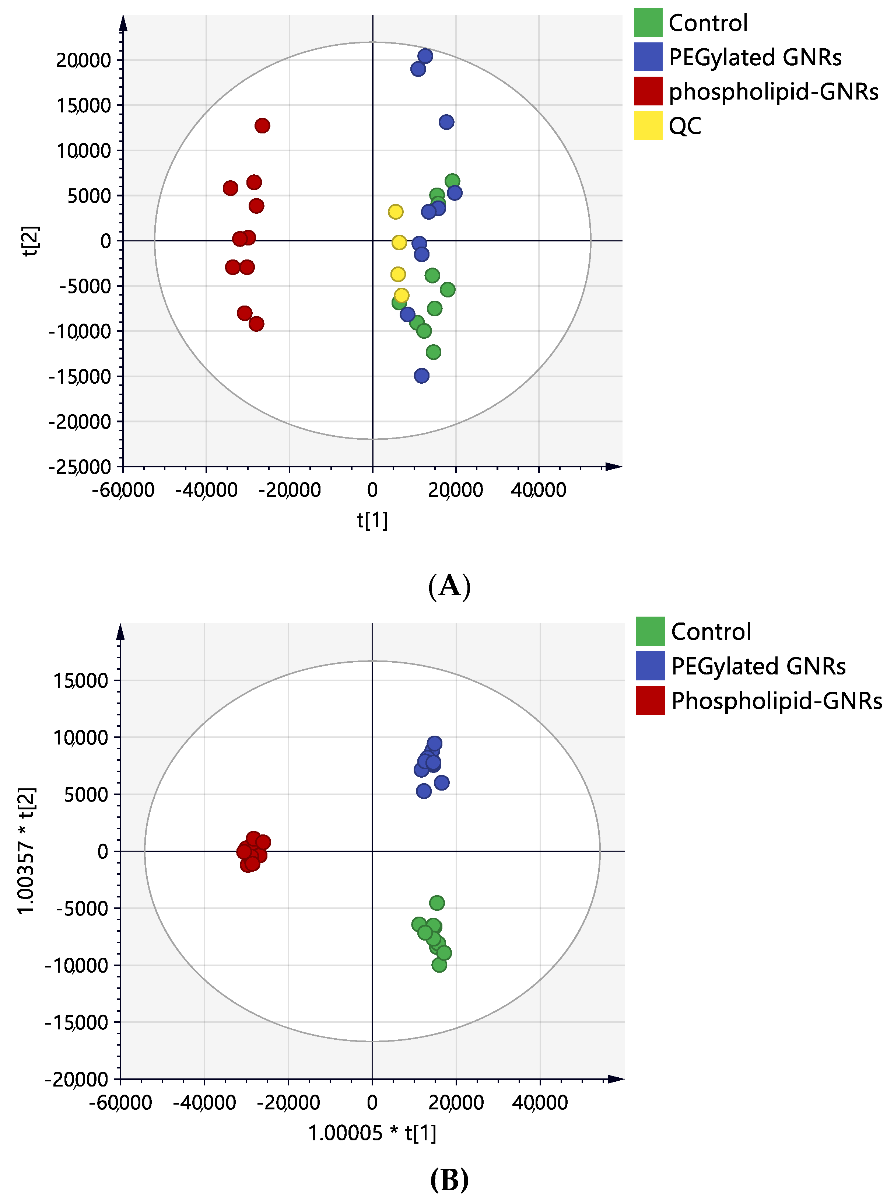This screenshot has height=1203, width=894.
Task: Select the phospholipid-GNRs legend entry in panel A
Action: click(758, 91)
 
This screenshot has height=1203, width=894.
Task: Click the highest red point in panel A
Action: click(262, 126)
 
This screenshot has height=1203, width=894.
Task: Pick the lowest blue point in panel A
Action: click(421, 376)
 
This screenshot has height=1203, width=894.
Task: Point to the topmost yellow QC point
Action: click(396, 212)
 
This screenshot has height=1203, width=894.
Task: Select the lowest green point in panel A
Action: click(433, 352)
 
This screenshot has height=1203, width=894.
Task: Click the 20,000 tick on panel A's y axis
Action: click(83, 60)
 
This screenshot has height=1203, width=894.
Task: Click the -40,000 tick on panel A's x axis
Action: click(206, 490)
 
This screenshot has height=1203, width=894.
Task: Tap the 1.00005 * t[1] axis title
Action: click(372, 1133)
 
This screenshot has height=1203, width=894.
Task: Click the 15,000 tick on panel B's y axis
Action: click(81, 680)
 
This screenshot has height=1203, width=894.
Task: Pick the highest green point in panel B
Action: click(437, 903)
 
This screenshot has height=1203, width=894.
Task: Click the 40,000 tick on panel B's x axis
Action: click(540, 1102)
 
